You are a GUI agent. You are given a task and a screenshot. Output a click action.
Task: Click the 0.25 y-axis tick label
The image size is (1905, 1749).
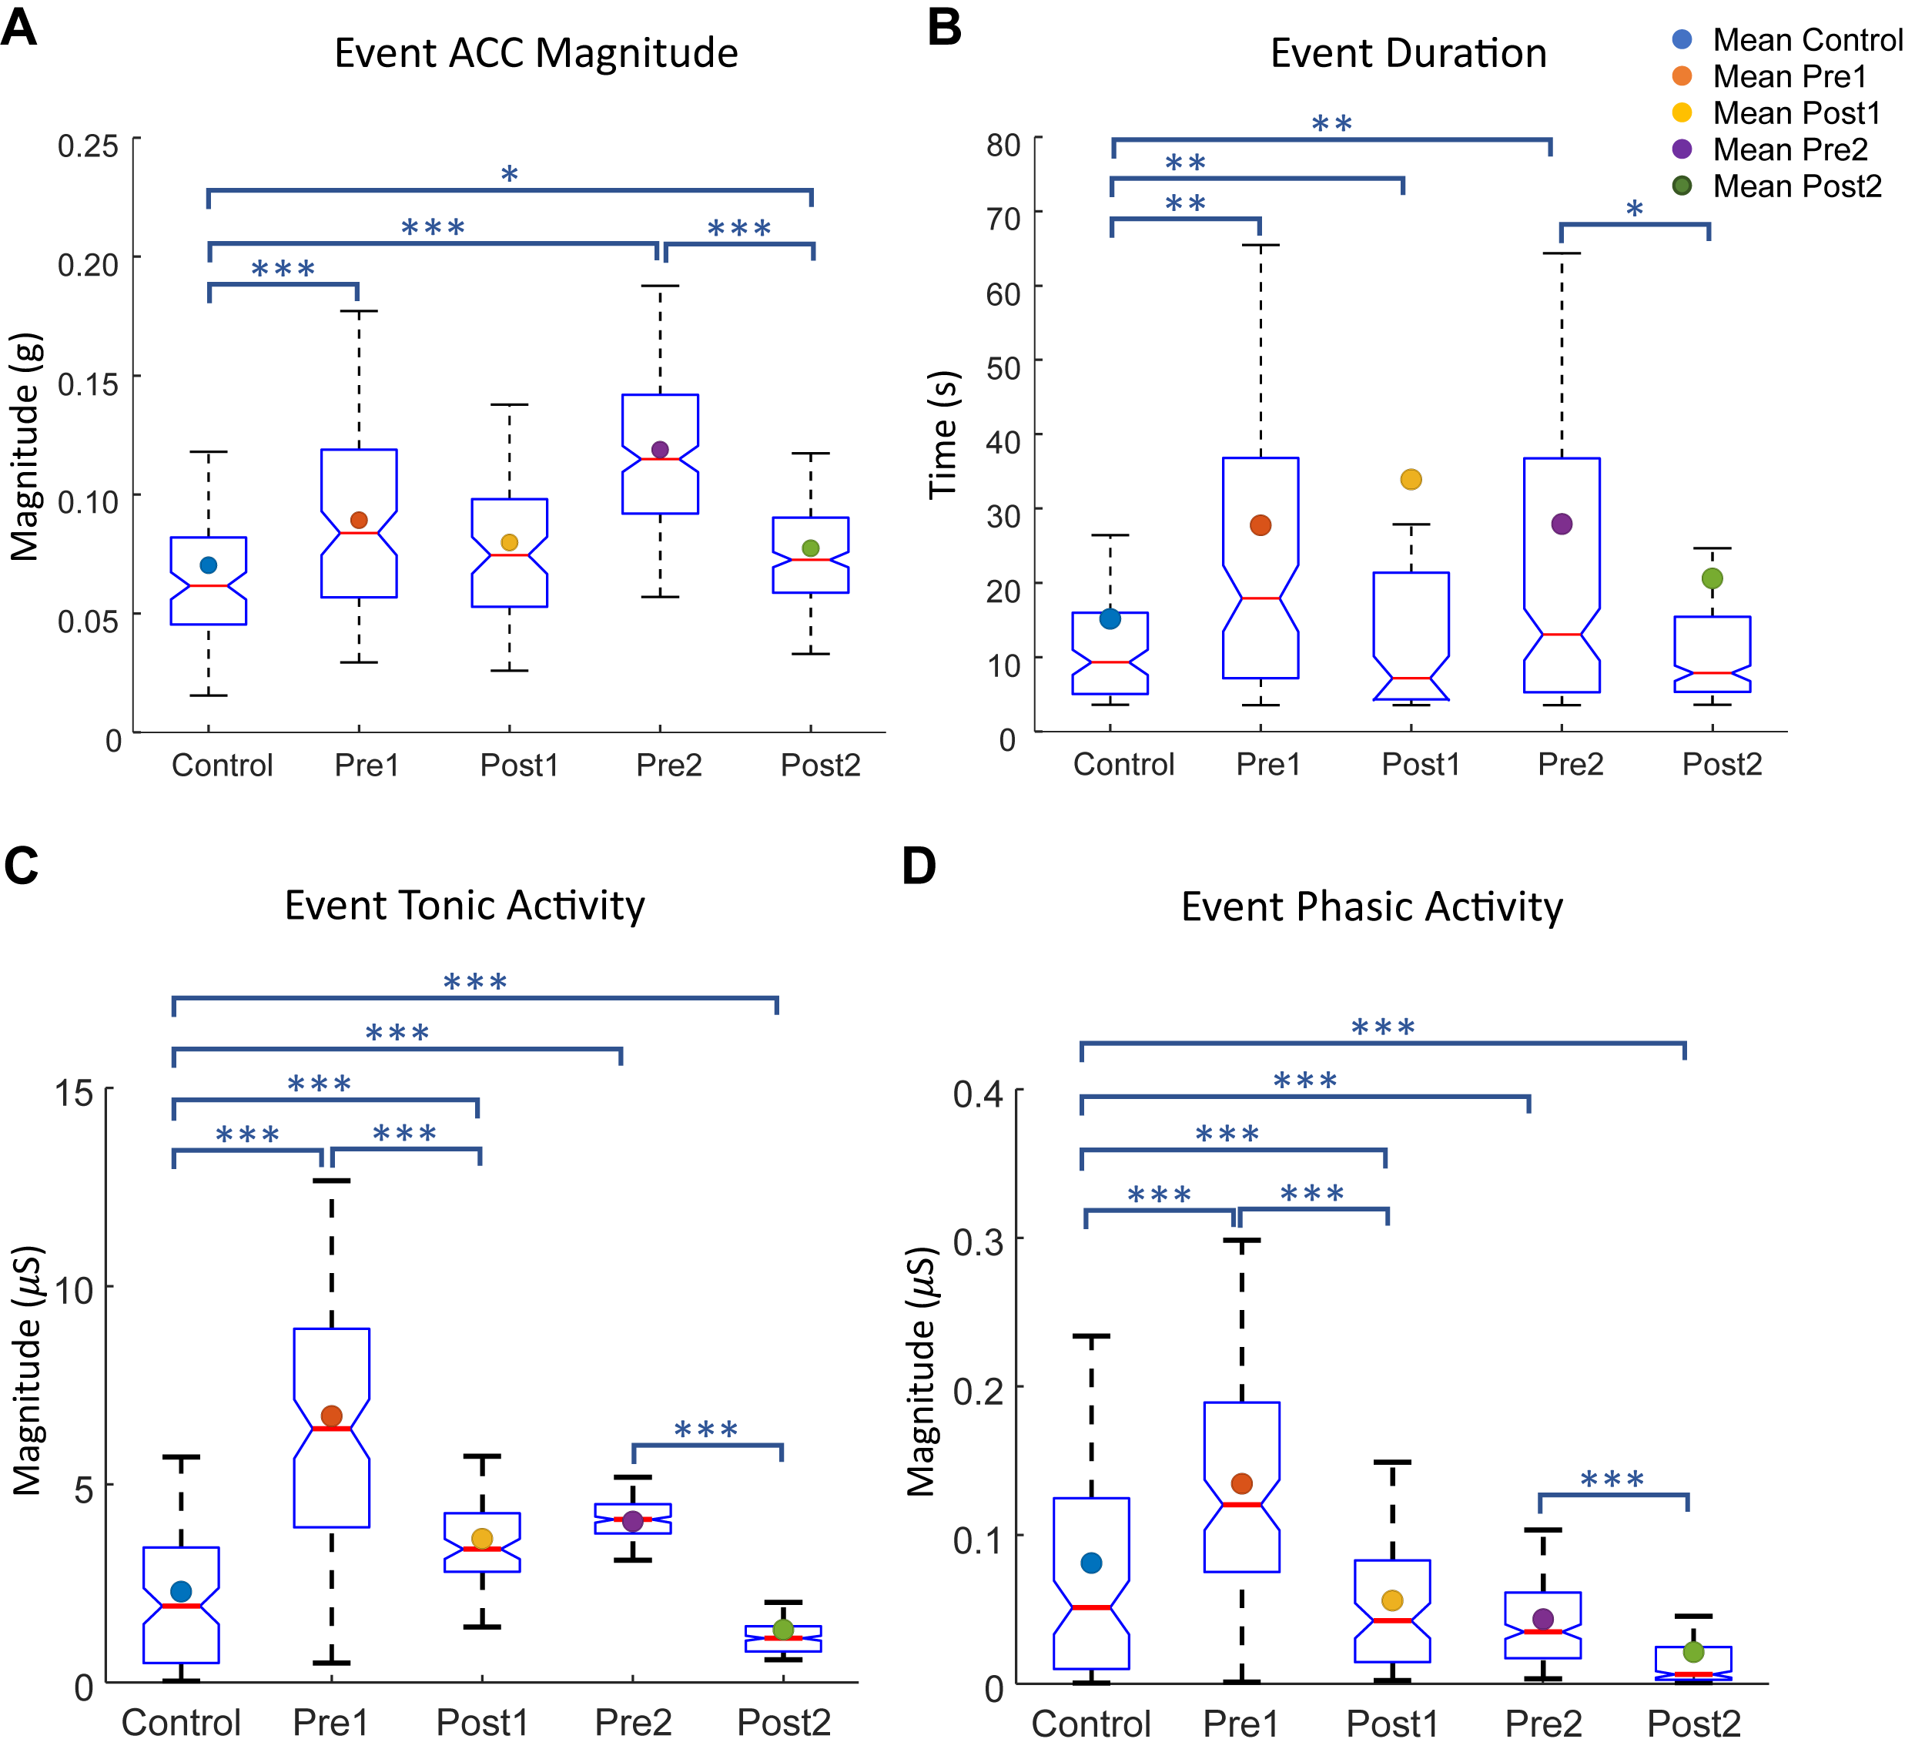click(88, 146)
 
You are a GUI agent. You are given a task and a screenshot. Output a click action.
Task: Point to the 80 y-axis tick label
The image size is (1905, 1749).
click(1003, 145)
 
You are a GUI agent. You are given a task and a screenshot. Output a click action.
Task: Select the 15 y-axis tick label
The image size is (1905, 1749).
click(74, 1093)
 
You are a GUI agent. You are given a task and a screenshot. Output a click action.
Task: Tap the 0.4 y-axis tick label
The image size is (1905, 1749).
click(979, 1094)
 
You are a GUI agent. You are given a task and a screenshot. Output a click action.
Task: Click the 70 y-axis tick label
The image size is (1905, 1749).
click(1003, 219)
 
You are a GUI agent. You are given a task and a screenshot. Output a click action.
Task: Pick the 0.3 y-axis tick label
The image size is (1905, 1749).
click(979, 1241)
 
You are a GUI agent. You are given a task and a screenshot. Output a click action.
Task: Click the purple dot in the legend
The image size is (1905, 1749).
click(1682, 149)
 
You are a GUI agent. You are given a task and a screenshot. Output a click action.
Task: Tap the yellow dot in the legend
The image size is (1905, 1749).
click(1682, 112)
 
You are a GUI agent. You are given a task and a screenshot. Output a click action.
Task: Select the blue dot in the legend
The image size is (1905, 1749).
click(1682, 39)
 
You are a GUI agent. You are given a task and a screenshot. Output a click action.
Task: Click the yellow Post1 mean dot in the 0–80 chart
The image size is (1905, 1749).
click(1411, 479)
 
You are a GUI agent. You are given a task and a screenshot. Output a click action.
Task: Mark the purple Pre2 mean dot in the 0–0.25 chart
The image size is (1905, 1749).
click(661, 450)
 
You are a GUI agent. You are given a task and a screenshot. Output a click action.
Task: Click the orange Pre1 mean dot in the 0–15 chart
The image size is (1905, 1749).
click(331, 1416)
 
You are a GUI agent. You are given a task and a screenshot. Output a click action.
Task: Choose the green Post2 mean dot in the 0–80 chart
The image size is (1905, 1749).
click(1712, 578)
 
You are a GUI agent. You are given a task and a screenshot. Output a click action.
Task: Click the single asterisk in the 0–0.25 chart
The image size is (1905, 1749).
click(509, 174)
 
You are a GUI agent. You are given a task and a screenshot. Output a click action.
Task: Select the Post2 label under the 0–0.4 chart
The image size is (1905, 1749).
click(1694, 1724)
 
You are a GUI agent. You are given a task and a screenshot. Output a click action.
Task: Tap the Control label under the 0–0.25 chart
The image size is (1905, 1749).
click(223, 765)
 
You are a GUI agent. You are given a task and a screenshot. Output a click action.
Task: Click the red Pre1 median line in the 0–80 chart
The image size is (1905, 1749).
click(1261, 598)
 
